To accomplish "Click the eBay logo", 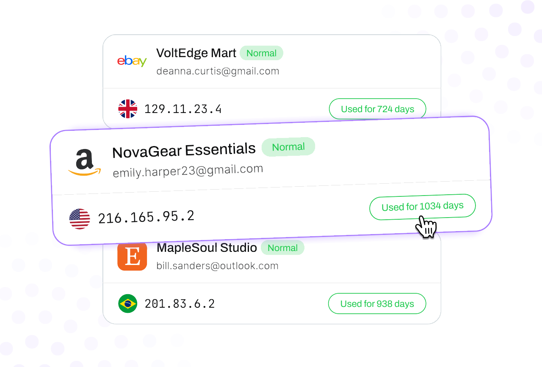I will (132, 61).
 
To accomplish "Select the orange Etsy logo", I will (132, 256).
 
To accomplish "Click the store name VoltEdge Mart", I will (196, 53).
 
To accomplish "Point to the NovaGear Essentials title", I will (184, 151).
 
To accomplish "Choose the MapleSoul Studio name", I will (207, 248).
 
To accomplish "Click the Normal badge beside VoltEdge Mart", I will (261, 53).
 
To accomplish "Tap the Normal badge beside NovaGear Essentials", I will (288, 147).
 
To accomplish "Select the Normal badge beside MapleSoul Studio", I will (282, 248).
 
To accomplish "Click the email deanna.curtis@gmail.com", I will (218, 71).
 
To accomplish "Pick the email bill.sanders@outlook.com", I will (217, 266).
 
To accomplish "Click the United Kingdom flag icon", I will (127, 109).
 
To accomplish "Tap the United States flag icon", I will (80, 219).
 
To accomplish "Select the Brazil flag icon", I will (127, 304).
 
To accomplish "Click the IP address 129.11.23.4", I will (183, 109).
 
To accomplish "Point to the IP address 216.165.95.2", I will (146, 217).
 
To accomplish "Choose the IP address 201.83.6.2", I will (180, 304).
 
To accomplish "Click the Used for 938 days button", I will (377, 304).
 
